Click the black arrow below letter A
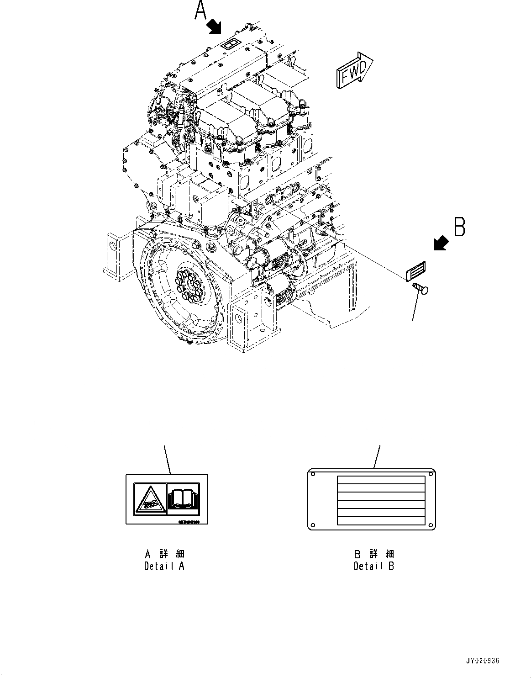[x=214, y=26]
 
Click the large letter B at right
[x=459, y=227]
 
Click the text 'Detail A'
[x=164, y=566]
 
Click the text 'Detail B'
[x=374, y=566]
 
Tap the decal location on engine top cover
[x=229, y=44]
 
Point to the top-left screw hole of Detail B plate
[x=314, y=475]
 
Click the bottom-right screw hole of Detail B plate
[x=429, y=524]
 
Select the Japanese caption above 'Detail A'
[x=164, y=554]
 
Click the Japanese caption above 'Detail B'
[x=374, y=554]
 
